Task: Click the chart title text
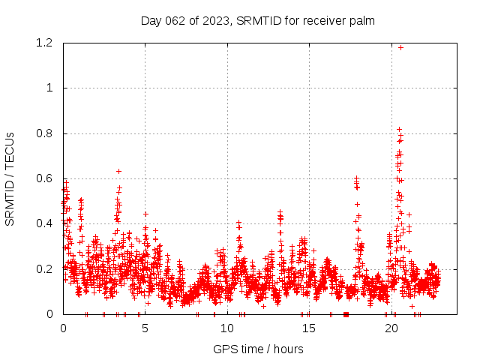(x=257, y=20)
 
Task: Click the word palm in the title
(x=361, y=20)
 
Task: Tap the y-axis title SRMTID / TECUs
(x=10, y=178)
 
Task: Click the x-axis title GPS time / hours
(x=258, y=349)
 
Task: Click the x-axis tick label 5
(x=145, y=328)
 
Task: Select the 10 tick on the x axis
(x=227, y=328)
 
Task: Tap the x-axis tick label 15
(x=309, y=328)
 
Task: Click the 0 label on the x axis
(x=63, y=328)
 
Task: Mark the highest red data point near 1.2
(x=400, y=47)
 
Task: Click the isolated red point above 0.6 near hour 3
(x=118, y=171)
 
